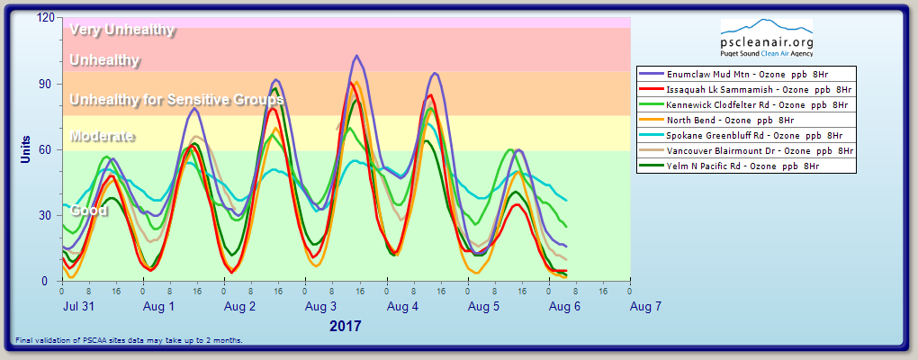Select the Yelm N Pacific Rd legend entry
pos(746,166)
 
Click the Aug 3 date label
pos(321,307)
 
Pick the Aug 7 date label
pos(646,307)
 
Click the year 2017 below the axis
pos(346,326)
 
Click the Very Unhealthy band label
pos(121,29)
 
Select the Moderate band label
pos(103,137)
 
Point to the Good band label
pos(89,211)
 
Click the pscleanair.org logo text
pos(768,42)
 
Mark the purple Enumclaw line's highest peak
pos(357,56)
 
